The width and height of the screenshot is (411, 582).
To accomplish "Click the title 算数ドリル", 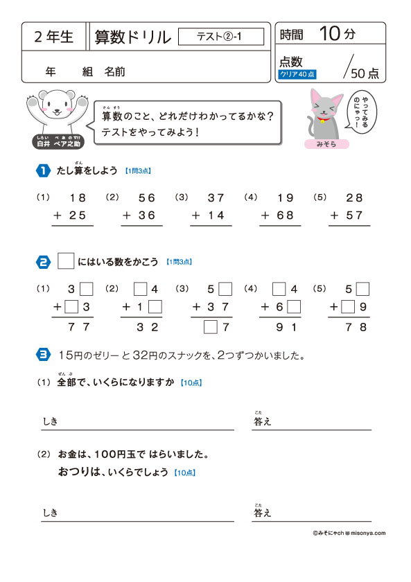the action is (132, 37).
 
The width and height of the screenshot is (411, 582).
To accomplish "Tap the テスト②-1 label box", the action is (221, 37).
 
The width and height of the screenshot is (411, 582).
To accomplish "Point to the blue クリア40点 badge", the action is (297, 73).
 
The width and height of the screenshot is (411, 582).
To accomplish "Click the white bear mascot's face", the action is (53, 105).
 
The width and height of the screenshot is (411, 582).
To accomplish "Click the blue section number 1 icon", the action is (43, 170).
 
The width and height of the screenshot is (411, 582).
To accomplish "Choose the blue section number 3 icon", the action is (43, 355).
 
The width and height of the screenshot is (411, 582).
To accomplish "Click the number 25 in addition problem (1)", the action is (77, 215).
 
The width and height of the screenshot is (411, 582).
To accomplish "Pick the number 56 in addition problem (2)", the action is (146, 197).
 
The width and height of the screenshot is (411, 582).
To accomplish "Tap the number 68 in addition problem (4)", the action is (285, 215).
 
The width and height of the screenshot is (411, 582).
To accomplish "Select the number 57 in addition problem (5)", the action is (354, 215).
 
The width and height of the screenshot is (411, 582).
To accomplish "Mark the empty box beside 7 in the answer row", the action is (210, 327).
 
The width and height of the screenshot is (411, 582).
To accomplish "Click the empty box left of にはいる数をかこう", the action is (66, 261).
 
